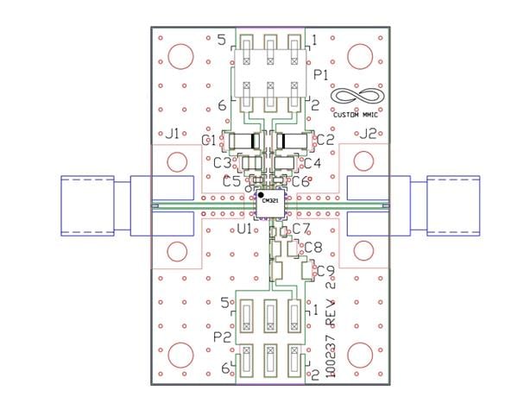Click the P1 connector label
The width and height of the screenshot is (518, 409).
click(x=321, y=76)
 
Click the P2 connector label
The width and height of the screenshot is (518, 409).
click(x=222, y=337)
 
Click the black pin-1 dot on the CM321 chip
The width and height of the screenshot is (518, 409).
click(x=261, y=196)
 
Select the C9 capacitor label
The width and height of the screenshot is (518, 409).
click(x=325, y=271)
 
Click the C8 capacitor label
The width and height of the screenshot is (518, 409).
click(x=313, y=249)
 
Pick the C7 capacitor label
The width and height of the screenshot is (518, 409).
click(x=300, y=229)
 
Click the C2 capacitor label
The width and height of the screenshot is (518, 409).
click(x=325, y=139)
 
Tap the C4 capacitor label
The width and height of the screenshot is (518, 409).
click(x=312, y=162)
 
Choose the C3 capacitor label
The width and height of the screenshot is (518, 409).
click(x=222, y=162)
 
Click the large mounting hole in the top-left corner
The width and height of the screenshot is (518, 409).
click(x=180, y=57)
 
